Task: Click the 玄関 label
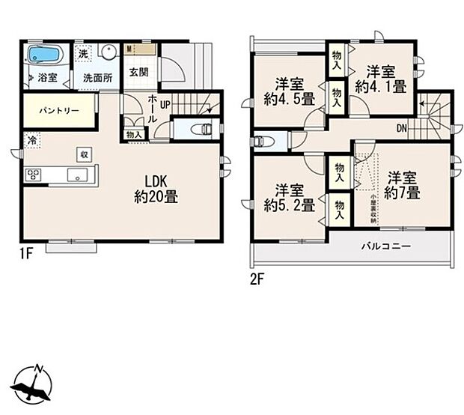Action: pyautogui.click(x=138, y=73)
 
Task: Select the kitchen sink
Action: pyautogui.click(x=78, y=175)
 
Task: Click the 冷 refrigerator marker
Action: pyautogui.click(x=32, y=139)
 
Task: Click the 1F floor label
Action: pyautogui.click(x=26, y=253)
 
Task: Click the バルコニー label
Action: pyautogui.click(x=386, y=246)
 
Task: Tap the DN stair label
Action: pyautogui.click(x=402, y=128)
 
